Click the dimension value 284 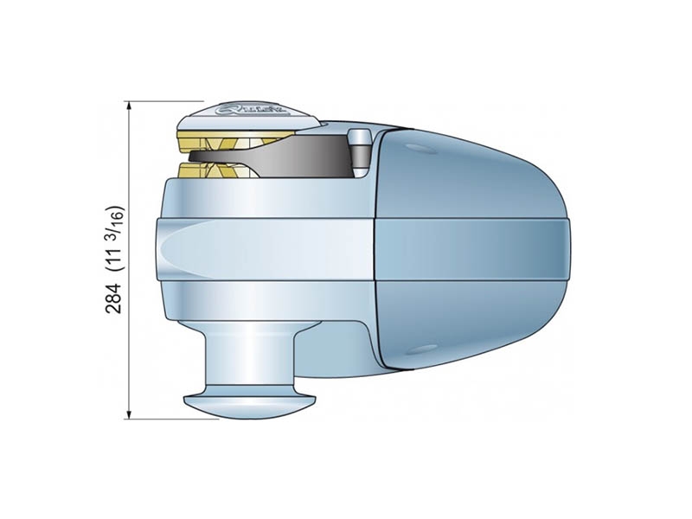(113, 296)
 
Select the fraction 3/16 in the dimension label (114, 217)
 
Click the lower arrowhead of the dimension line (129, 414)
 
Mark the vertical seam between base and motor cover (373, 251)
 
